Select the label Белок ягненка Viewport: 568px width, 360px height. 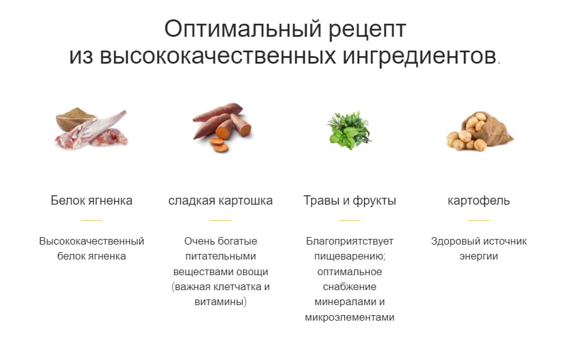[92, 201]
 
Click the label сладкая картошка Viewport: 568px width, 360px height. [221, 201]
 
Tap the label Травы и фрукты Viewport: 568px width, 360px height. [350, 201]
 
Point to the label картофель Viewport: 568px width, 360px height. [479, 201]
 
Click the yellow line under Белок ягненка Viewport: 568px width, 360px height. [92, 220]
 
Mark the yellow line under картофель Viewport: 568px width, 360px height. [479, 220]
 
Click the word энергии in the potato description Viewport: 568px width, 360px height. [479, 256]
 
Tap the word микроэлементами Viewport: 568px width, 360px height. [350, 318]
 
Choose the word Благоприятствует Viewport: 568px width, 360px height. [350, 241]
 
